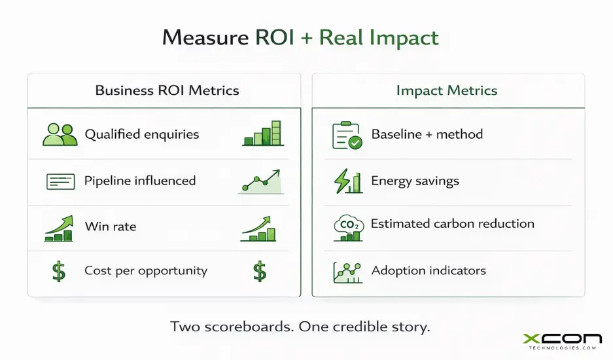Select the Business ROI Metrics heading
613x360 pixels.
click(167, 90)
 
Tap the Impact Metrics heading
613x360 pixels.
click(447, 90)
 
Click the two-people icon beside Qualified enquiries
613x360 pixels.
click(60, 134)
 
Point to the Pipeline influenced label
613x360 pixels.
click(140, 181)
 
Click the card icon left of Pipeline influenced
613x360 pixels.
click(60, 181)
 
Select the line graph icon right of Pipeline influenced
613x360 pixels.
click(260, 181)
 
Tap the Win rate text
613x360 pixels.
click(111, 227)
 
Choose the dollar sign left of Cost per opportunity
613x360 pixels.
click(59, 271)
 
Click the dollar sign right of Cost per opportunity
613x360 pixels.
click(260, 271)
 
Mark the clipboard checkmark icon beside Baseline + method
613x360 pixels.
click(347, 135)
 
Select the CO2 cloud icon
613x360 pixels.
click(347, 226)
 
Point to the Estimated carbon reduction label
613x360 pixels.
click(452, 224)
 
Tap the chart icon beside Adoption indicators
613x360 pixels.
click(347, 271)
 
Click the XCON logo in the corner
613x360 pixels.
click(562, 340)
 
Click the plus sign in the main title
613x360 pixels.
click(306, 38)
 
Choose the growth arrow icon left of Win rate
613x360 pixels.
click(59, 226)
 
